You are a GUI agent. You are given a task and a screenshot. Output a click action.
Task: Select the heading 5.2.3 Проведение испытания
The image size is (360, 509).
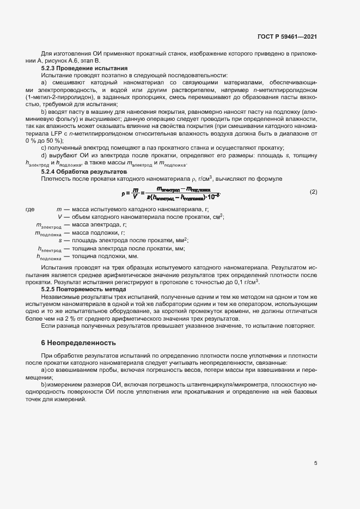(x=84, y=68)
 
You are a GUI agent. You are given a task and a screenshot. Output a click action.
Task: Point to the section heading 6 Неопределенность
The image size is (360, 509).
(x=79, y=344)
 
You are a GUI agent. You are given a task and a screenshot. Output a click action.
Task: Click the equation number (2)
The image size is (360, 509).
(x=313, y=192)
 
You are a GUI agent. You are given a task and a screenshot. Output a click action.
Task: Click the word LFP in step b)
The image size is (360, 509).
(x=58, y=133)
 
